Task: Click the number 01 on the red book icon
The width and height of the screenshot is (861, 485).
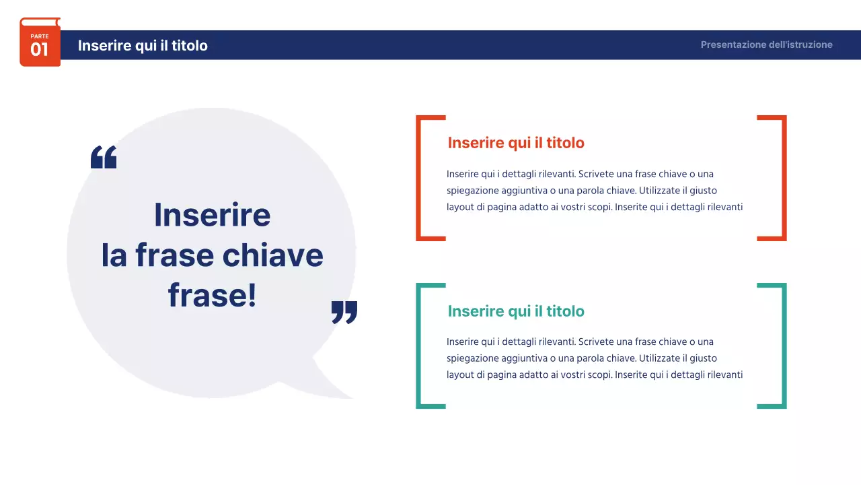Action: [x=40, y=50]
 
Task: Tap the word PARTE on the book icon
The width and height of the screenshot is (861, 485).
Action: [x=40, y=36]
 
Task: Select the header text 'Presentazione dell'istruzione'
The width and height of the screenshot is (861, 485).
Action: [x=766, y=44]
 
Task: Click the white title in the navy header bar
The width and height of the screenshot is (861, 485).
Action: [x=143, y=45]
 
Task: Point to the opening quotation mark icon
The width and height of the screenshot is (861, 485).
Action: [x=104, y=157]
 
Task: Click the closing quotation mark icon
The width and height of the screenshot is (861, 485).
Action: [x=344, y=312]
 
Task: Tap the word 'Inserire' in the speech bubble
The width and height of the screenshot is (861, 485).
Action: [x=212, y=215]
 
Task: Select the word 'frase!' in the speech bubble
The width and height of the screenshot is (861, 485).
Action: [x=212, y=296]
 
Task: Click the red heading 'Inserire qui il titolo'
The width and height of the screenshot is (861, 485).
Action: [x=516, y=143]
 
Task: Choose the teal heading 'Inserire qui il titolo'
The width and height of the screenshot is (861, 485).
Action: [x=516, y=311]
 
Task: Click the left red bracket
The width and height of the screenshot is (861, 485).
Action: [x=419, y=178]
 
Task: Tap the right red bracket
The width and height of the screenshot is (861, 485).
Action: [x=783, y=178]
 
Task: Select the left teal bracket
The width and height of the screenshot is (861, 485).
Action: [x=419, y=346]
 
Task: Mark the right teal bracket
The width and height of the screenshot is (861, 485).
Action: [x=783, y=346]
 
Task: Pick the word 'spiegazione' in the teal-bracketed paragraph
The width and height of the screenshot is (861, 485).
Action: [x=472, y=358]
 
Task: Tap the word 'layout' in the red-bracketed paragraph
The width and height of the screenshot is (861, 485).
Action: [x=460, y=207]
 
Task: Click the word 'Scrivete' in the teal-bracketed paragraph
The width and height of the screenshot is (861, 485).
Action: [x=595, y=342]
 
